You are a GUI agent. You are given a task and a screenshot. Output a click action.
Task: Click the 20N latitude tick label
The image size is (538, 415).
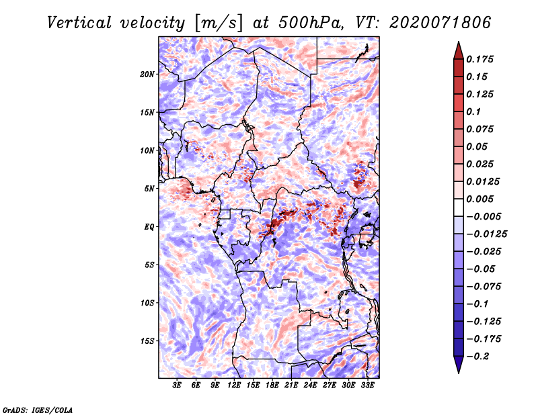coord(147,75)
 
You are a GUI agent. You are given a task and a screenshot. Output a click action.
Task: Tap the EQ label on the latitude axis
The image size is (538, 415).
coord(149,227)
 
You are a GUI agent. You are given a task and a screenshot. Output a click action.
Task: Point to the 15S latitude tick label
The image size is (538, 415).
coord(147,341)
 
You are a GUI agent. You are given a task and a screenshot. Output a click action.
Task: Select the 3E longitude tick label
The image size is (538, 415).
coord(177,385)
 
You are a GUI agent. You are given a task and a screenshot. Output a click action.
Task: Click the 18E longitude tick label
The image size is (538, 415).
coord(272,385)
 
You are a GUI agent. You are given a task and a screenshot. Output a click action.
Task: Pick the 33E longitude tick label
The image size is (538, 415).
coord(367,385)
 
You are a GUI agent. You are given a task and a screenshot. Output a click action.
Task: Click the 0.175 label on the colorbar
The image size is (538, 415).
coord(480,59)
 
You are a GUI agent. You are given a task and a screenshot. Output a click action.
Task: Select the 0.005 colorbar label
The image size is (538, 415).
coord(480,199)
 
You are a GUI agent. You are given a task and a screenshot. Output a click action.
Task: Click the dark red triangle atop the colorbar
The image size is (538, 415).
coord(459,51)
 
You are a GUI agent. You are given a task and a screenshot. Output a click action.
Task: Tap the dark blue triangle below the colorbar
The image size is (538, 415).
coord(459,365)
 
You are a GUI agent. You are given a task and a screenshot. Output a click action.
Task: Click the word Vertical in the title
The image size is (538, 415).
coord(79,23)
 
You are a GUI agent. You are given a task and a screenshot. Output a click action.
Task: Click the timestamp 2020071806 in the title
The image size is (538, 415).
coord(440,23)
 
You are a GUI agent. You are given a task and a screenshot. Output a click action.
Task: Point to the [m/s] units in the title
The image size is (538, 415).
coord(219,23)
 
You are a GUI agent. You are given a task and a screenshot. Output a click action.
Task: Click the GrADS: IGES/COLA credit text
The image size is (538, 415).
coord(38,410)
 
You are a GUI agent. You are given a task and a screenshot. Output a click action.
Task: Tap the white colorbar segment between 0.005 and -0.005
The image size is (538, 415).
coord(459,207)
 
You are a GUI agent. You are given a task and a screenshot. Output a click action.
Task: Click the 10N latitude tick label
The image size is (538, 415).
coord(147,150)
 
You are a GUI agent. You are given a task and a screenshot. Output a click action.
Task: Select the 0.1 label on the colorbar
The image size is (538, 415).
coord(474,111)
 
